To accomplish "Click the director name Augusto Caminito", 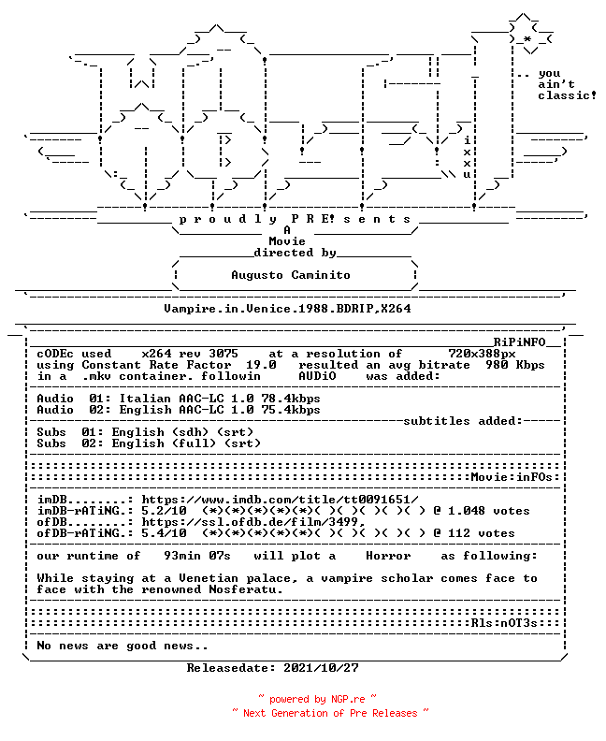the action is (291, 275).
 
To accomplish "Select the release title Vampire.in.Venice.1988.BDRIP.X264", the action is (287, 309).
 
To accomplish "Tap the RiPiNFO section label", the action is (520, 342).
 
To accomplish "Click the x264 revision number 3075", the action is (224, 354).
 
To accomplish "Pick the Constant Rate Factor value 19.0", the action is (261, 365).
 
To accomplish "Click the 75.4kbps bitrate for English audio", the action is (291, 410).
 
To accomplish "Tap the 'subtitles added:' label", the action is (463, 421).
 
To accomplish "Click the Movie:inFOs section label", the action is (512, 477).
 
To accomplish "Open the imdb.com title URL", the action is (280, 500).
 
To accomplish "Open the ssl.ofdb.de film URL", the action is (253, 522).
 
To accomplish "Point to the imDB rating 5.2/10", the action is (164, 511).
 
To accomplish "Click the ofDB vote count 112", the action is (459, 533).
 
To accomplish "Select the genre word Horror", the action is (388, 556).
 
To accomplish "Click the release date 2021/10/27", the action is (321, 668).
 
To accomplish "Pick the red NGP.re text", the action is (348, 699).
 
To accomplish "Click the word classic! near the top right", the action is (567, 95).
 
